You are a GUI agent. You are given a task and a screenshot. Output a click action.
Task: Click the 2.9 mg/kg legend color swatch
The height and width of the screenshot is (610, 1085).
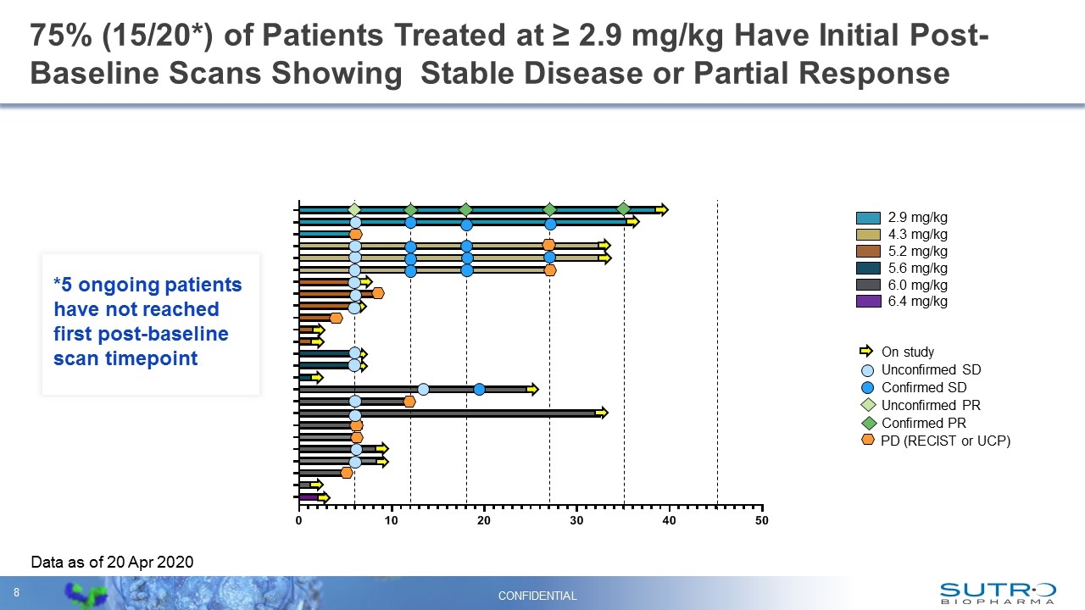[x=868, y=217]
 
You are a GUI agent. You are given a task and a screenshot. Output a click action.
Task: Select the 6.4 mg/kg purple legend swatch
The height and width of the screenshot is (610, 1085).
[x=868, y=302]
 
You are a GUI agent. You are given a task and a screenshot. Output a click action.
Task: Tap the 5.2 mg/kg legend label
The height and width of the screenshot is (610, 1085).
[x=917, y=251]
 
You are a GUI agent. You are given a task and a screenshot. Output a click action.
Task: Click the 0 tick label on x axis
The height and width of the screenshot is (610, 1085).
[x=299, y=520]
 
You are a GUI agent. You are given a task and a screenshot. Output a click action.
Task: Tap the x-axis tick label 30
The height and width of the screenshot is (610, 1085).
[x=576, y=520]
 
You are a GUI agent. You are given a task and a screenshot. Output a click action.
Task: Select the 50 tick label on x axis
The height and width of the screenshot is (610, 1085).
[x=761, y=520]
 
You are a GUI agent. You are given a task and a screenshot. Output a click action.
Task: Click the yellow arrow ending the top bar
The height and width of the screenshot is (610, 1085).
[x=662, y=209]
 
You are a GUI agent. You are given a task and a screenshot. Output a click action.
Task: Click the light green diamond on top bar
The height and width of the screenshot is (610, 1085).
[x=354, y=209]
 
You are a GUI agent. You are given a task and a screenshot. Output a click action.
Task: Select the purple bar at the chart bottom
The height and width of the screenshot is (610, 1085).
[x=308, y=497]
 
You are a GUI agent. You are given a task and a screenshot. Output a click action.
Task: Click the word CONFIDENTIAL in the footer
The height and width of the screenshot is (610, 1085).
[x=537, y=596]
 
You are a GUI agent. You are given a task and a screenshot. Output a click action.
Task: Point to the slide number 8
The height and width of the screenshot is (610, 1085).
[x=16, y=591]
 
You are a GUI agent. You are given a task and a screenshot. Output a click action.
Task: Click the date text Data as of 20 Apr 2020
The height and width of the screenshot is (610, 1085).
[x=112, y=562]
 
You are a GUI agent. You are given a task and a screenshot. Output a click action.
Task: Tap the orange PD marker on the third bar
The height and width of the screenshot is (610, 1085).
[x=356, y=234]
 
